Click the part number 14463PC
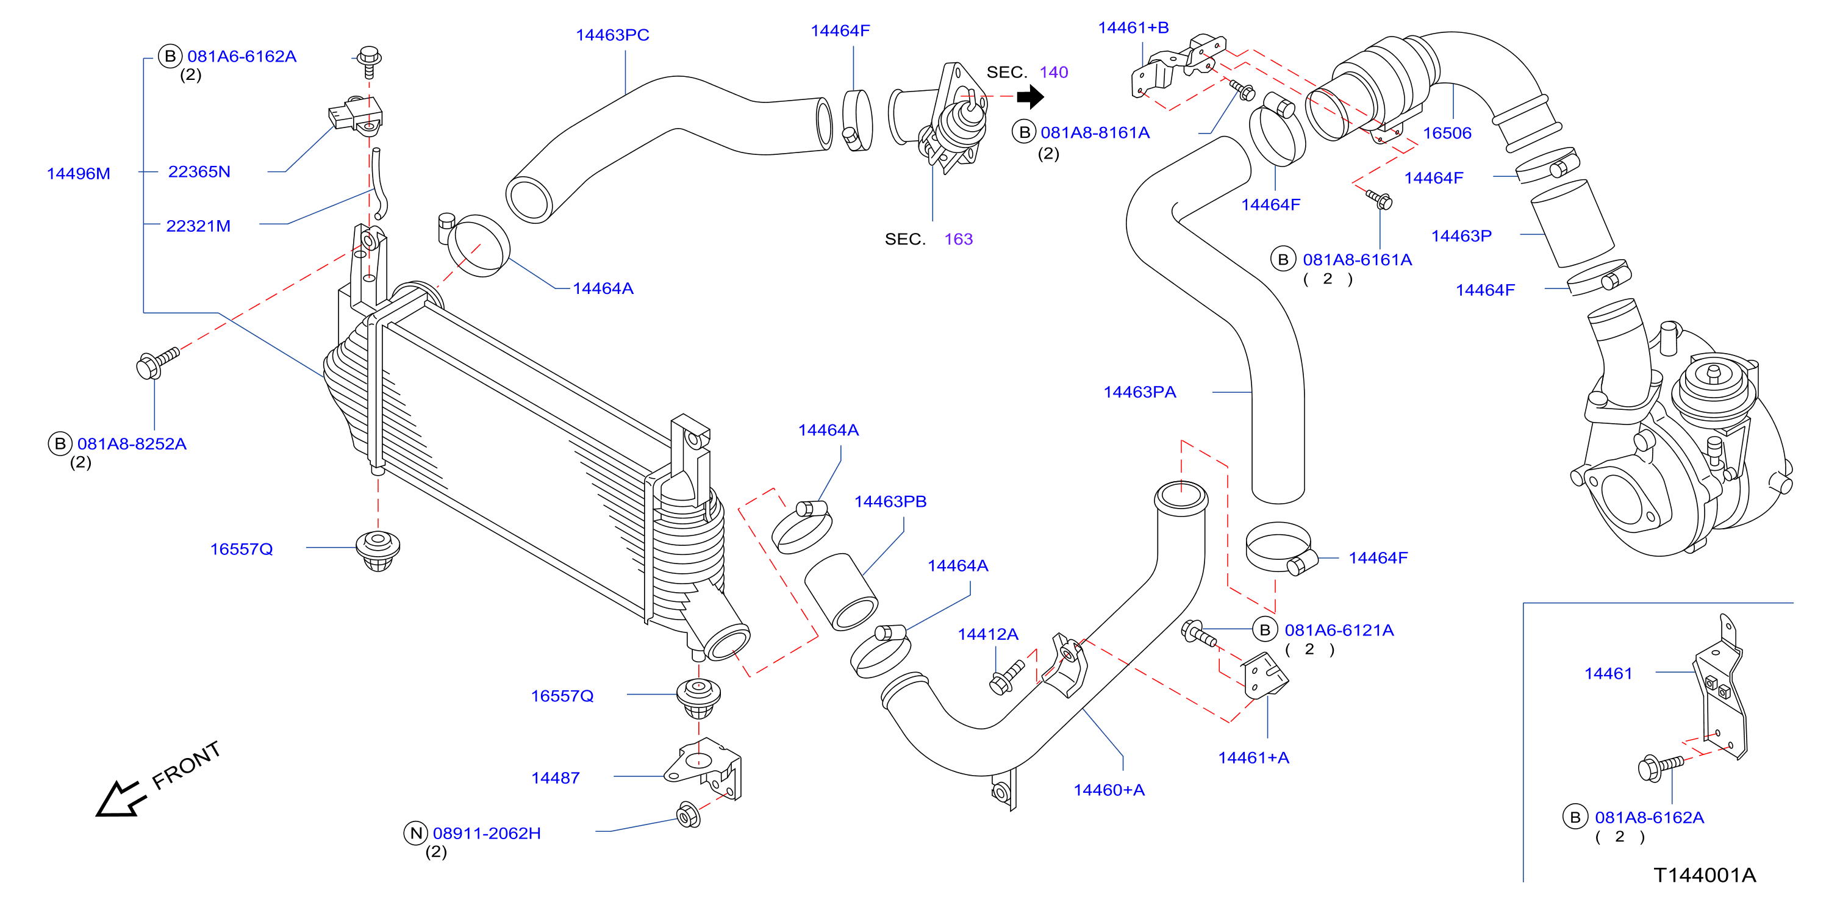[612, 35]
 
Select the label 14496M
[79, 174]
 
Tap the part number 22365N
[199, 171]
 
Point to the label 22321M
[199, 226]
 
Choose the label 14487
[556, 778]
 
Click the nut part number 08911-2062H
[487, 833]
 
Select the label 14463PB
[890, 501]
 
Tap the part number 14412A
[988, 634]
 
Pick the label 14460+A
[1109, 790]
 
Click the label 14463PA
[1140, 392]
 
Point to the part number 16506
[1447, 133]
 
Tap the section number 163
[959, 239]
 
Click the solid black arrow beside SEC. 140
[1031, 96]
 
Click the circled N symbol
[416, 833]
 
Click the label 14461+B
[1134, 28]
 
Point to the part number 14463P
[1461, 236]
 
